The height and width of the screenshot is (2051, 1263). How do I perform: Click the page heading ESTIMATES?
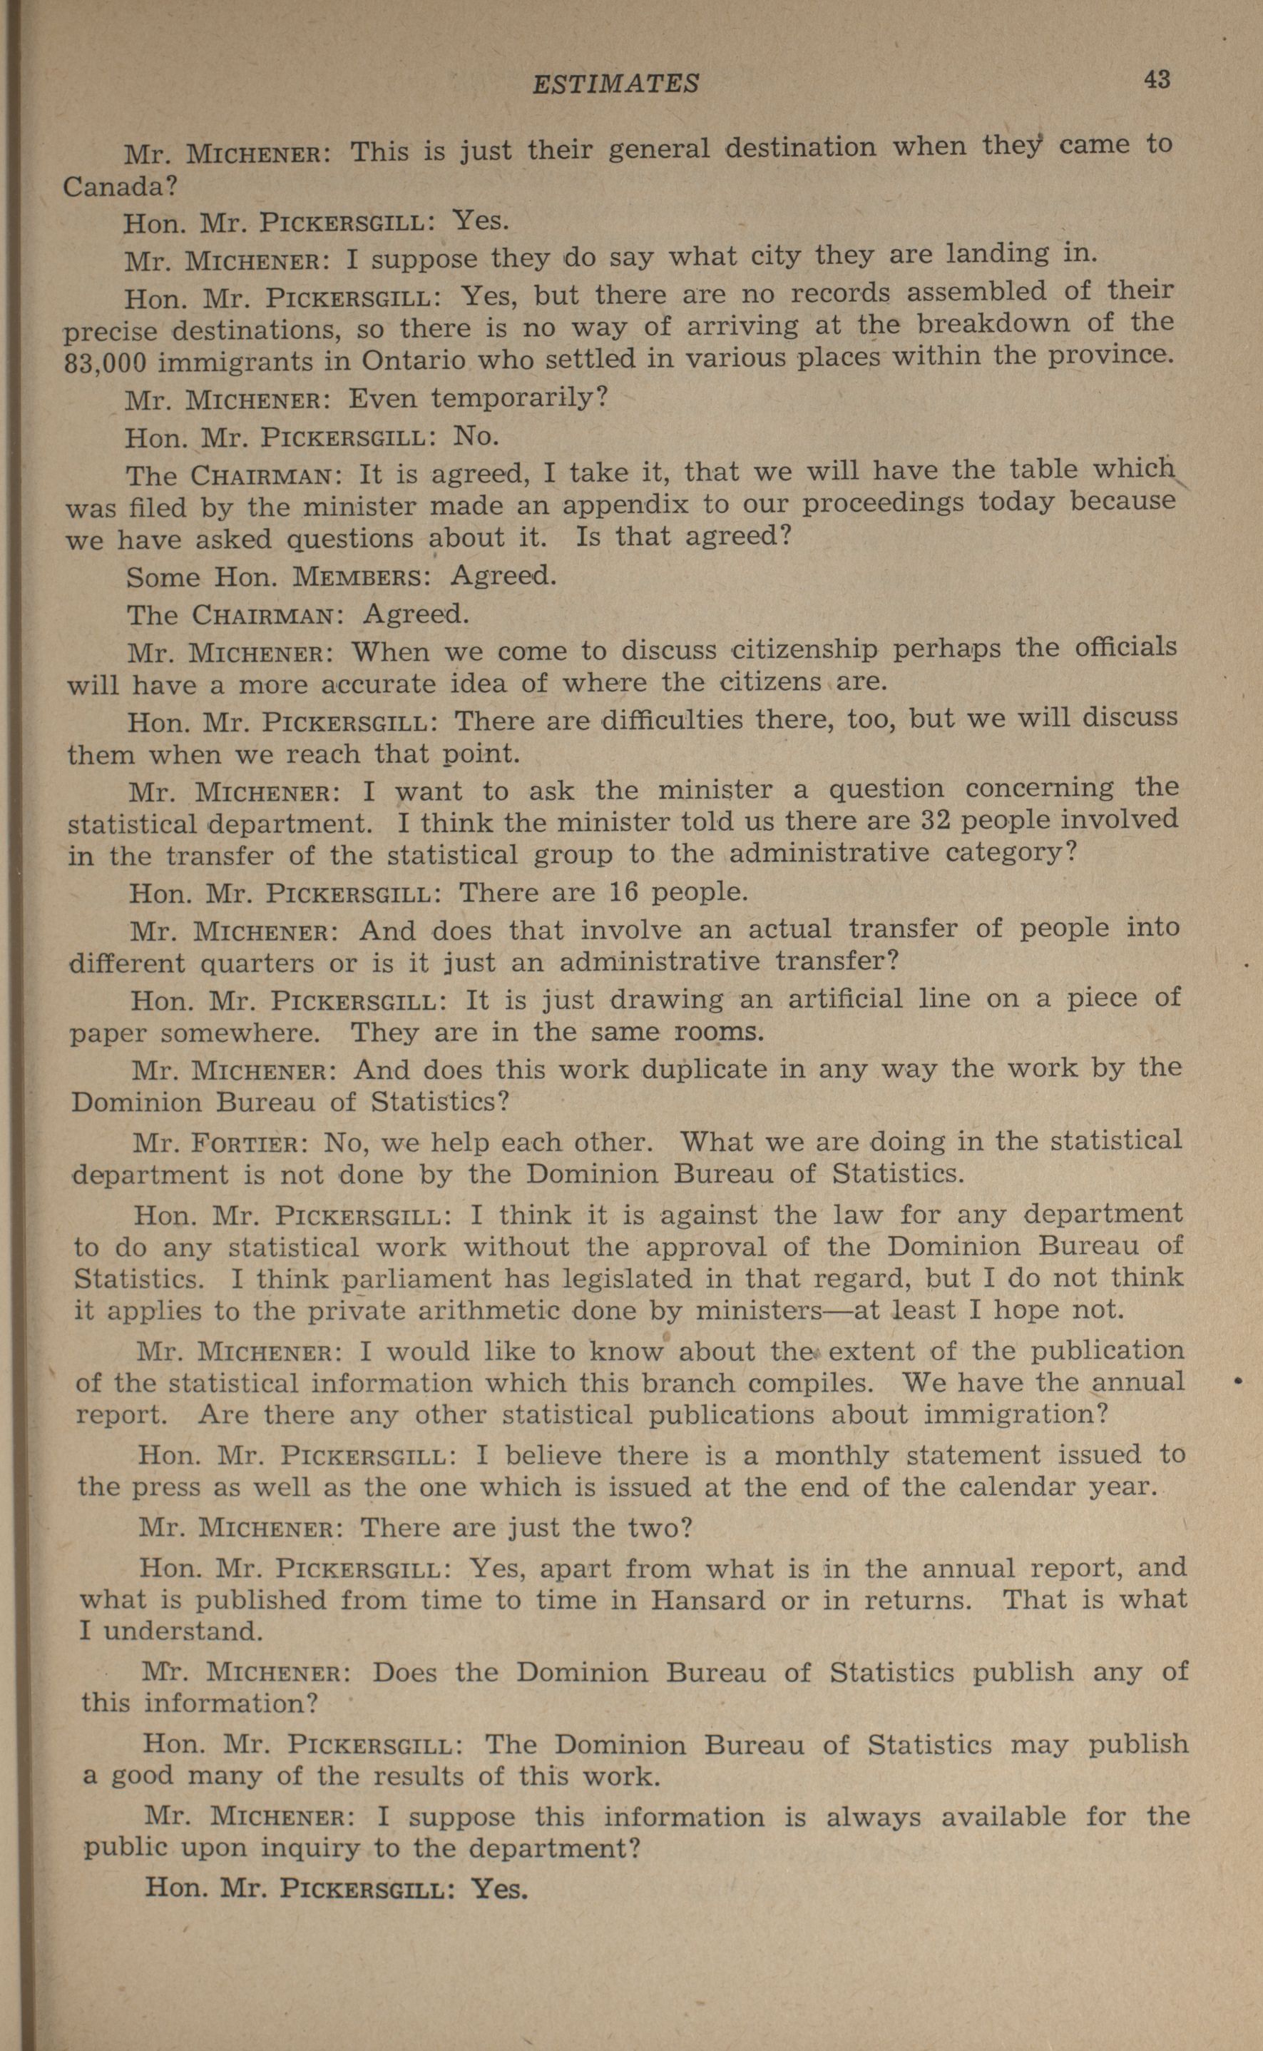pos(615,83)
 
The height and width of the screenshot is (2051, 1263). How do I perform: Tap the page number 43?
pos(1157,79)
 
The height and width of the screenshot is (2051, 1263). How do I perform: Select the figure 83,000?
pos(106,363)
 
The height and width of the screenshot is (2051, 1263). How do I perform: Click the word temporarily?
pos(518,397)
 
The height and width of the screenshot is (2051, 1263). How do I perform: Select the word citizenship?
pos(804,649)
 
